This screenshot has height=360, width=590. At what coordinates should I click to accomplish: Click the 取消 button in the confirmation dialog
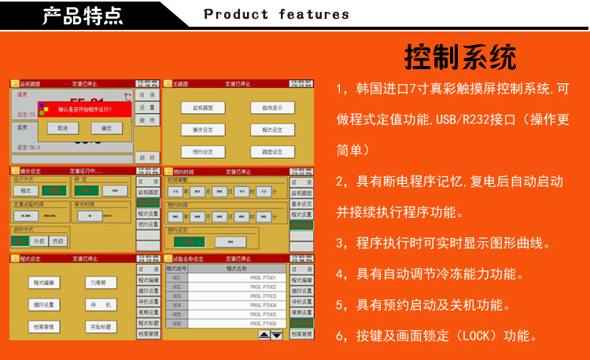pos(62,127)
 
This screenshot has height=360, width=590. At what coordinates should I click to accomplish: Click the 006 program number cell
pos(177,323)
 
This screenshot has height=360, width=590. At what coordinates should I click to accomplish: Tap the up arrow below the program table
pos(264,335)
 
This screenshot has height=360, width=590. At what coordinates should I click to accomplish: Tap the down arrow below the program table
pos(276,335)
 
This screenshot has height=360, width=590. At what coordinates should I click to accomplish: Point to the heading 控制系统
pos(460,57)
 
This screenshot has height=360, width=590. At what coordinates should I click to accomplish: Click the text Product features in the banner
pos(276,14)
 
